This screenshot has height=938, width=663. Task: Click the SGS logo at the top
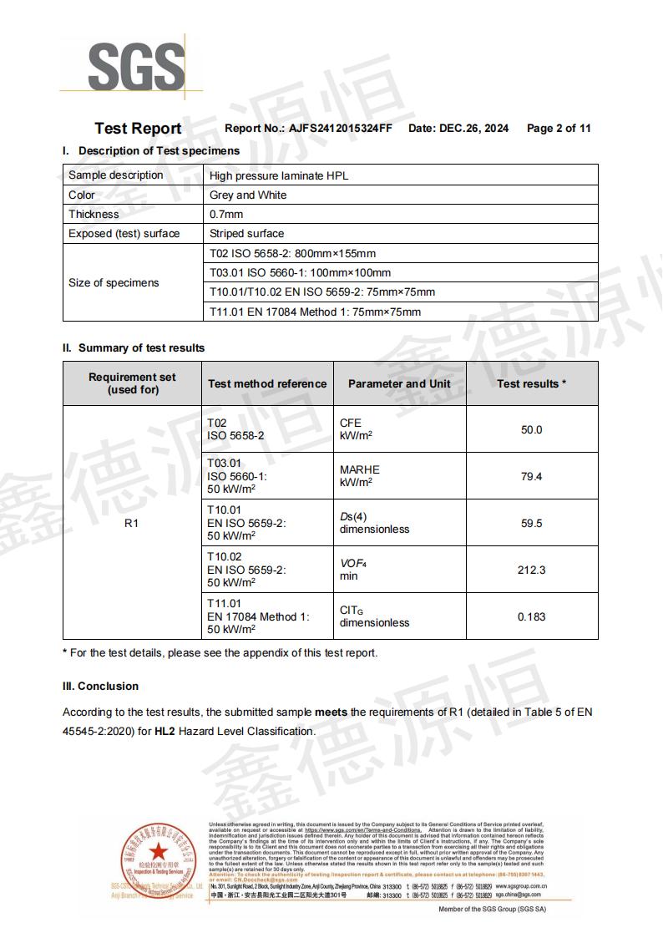[136, 66]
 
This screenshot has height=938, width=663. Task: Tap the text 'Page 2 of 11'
[559, 129]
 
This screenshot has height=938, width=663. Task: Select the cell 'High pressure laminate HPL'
[278, 175]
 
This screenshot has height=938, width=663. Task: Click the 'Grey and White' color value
[248, 195]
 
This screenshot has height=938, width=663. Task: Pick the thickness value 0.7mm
[226, 215]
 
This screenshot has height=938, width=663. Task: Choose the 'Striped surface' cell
[246, 234]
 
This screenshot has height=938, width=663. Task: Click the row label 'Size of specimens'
[114, 283]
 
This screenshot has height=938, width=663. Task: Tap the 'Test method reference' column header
[267, 384]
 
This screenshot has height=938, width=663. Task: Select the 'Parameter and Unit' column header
[399, 384]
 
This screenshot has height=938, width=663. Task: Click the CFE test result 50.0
[531, 430]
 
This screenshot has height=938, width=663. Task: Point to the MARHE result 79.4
[531, 477]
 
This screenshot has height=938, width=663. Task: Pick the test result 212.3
[531, 570]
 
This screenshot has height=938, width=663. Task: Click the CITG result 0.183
[531, 617]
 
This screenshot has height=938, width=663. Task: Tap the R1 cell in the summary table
[131, 524]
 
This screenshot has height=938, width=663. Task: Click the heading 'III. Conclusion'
[100, 687]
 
